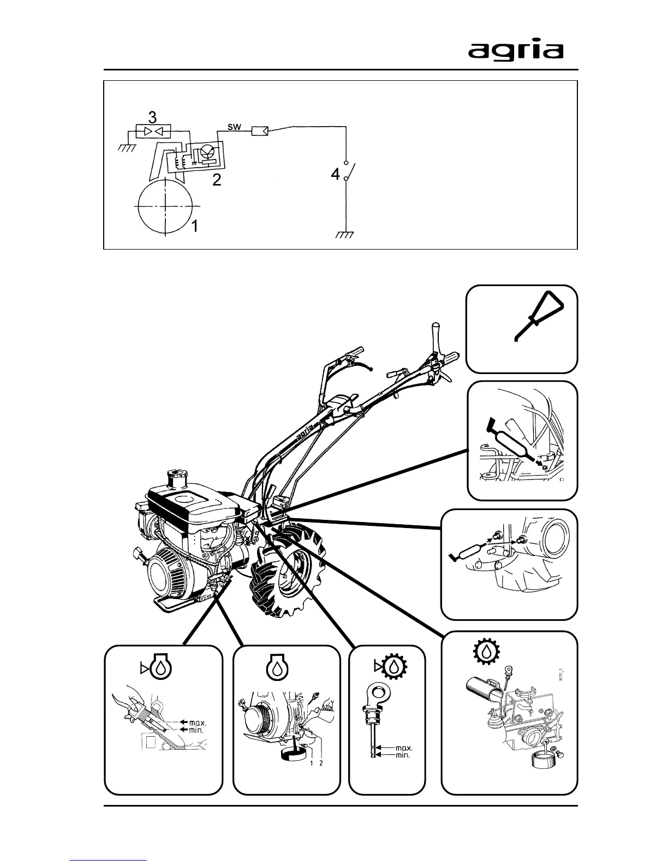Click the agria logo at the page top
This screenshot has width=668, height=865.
coord(515,51)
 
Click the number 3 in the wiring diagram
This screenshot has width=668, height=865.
coord(153,117)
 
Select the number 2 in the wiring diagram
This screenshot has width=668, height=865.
coord(217,180)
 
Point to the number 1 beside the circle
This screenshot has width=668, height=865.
coord(195,226)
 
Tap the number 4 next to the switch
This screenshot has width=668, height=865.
coord(336,175)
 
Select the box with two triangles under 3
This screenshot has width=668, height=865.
coord(153,131)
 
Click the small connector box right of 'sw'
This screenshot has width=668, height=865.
coord(259,131)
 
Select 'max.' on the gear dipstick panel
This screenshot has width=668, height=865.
coord(403,748)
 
